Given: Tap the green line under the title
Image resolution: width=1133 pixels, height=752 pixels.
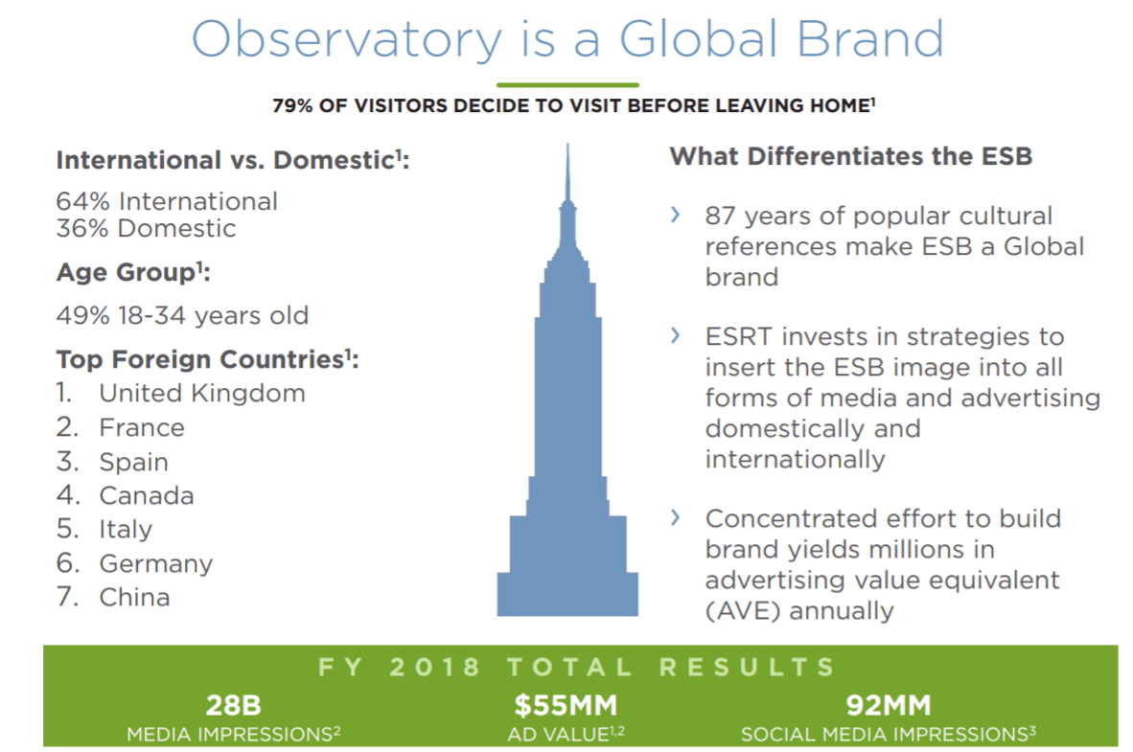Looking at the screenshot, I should click(x=567, y=84).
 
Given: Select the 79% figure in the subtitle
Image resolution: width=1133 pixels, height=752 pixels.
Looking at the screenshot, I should click(x=292, y=106).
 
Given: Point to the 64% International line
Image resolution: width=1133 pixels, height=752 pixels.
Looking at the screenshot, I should click(x=167, y=201).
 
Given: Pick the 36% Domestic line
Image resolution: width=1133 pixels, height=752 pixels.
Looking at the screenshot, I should click(x=146, y=228).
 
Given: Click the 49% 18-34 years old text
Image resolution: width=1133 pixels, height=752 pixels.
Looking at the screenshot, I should click(x=182, y=315).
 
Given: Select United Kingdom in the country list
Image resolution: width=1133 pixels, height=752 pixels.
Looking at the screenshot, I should click(x=202, y=393).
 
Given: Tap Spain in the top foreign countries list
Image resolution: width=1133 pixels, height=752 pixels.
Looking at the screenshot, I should click(x=133, y=462).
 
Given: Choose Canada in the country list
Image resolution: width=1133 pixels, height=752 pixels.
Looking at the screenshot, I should click(x=146, y=495).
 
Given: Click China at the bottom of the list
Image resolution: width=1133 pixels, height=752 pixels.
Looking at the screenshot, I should click(x=134, y=597).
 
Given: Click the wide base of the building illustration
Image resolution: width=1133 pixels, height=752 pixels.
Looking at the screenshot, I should click(x=567, y=594).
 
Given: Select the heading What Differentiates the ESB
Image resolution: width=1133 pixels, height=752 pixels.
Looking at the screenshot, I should click(x=850, y=156).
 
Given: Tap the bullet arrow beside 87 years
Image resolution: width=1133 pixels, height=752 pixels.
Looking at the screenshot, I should click(x=676, y=214).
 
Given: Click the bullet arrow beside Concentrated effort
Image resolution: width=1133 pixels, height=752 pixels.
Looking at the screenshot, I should click(x=676, y=517).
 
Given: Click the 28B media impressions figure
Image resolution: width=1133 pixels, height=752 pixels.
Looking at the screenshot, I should click(x=233, y=707).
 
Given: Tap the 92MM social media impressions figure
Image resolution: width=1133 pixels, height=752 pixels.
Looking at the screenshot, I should click(x=888, y=707).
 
